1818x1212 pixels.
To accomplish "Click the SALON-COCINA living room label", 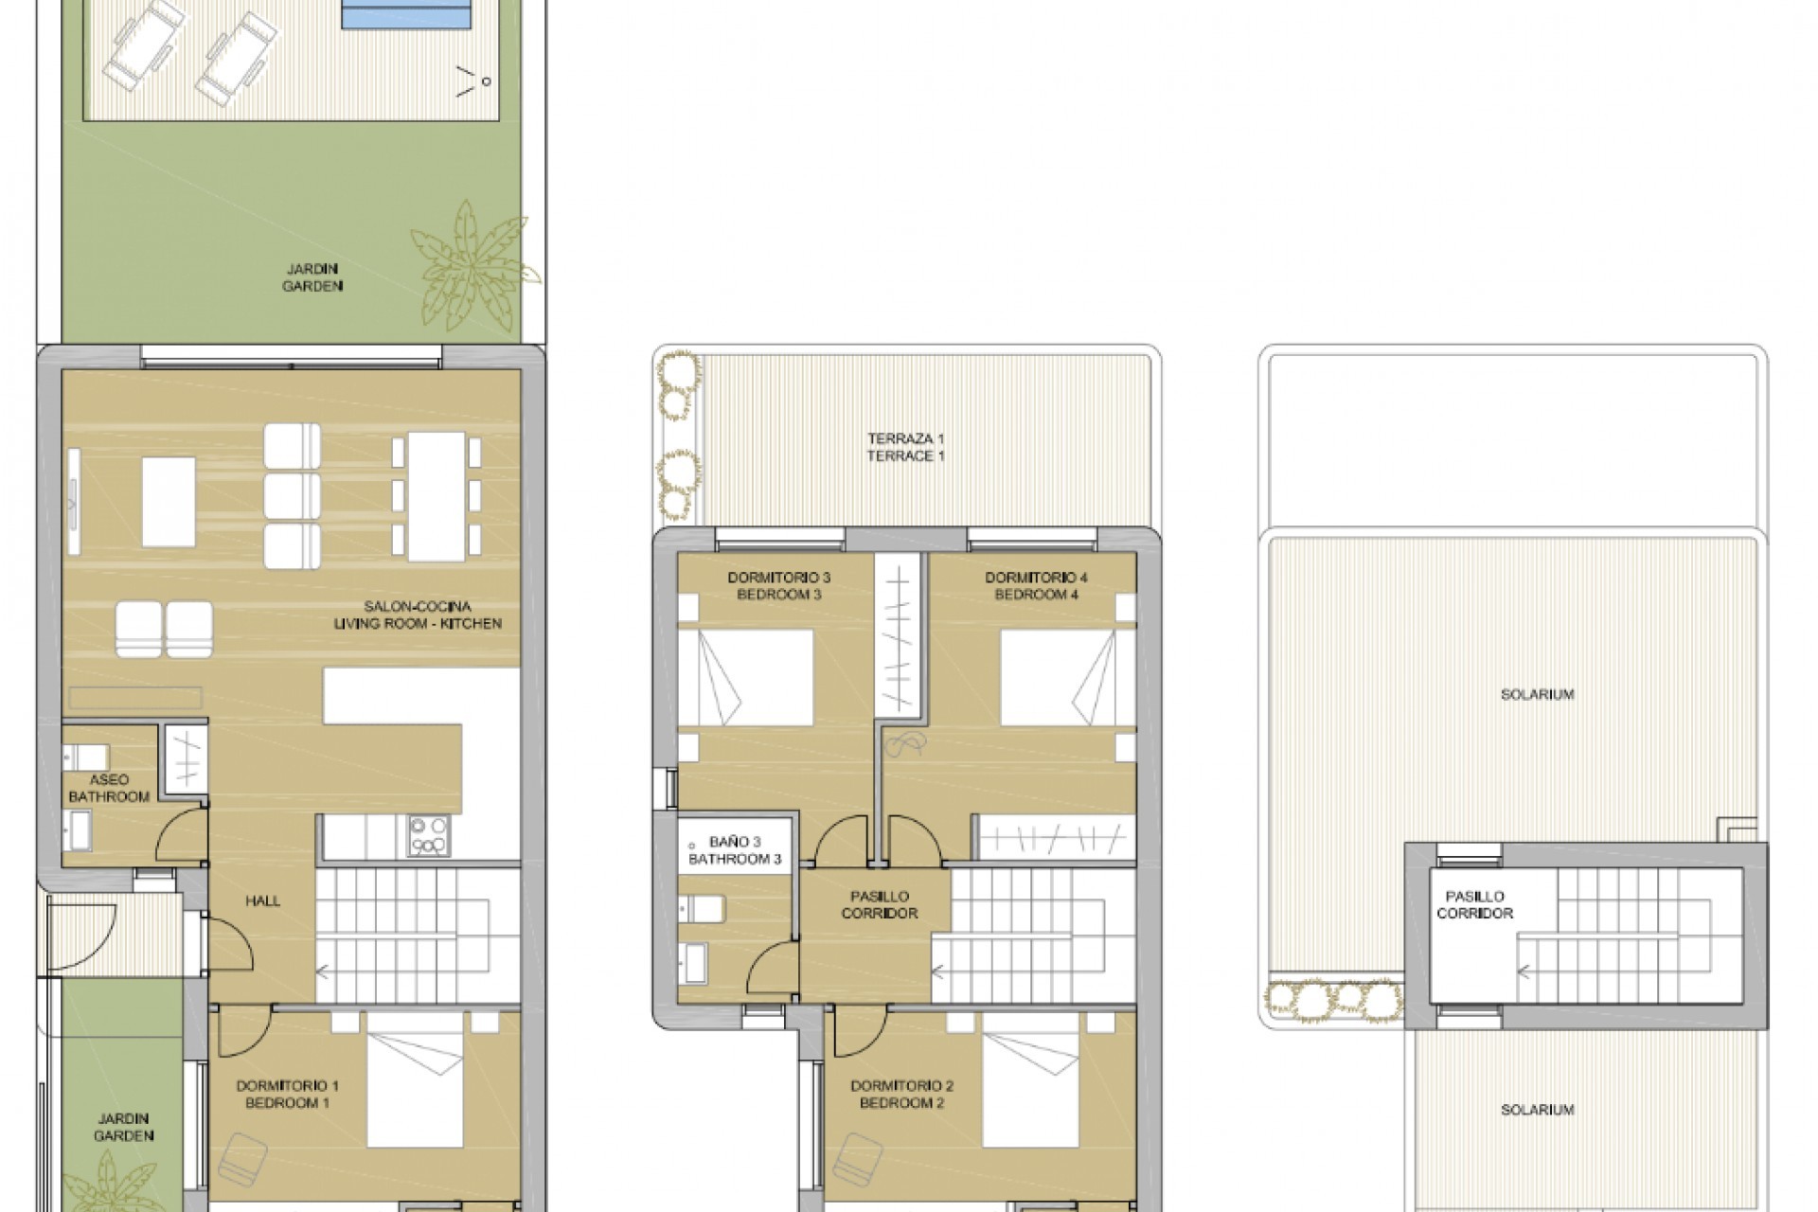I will coord(418,615).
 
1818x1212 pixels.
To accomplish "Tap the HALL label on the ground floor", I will coord(262,901).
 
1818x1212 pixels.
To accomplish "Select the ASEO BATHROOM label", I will coord(109,789).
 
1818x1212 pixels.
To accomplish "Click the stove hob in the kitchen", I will coord(429,836).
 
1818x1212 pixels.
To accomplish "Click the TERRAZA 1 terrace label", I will coord(905,447).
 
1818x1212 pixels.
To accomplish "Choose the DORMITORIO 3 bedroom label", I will coord(778,586).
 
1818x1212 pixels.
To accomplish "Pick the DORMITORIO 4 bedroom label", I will coord(1036,586).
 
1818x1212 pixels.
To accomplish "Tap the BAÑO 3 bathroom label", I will coord(735,850).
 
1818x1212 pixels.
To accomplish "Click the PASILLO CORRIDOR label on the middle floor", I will coord(879,904).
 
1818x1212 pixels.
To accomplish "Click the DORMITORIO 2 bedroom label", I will coord(901,1095).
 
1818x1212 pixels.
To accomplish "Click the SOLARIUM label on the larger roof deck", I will coord(1537,695).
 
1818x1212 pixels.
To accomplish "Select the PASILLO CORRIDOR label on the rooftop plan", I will coord(1474,904).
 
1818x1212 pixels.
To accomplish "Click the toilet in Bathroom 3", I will coord(703,909).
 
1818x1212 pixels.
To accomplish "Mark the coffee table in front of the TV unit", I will coord(169,502).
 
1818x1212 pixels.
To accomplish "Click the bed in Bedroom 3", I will coord(746,678).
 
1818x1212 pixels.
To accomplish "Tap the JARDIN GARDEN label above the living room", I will coord(312,277).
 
